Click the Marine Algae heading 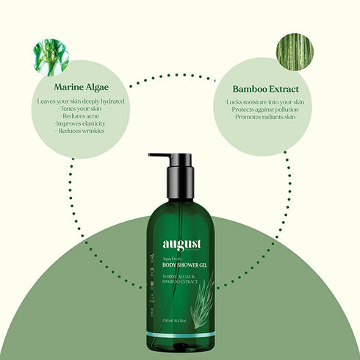[x=71, y=87]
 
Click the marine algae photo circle [x=51, y=57]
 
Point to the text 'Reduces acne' [x=71, y=117]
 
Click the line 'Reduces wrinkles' [x=71, y=132]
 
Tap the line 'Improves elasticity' [x=71, y=124]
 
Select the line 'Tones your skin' [x=71, y=109]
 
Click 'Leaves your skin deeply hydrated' [x=71, y=101]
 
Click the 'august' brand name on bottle [x=181, y=246]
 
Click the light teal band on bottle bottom [x=181, y=335]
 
